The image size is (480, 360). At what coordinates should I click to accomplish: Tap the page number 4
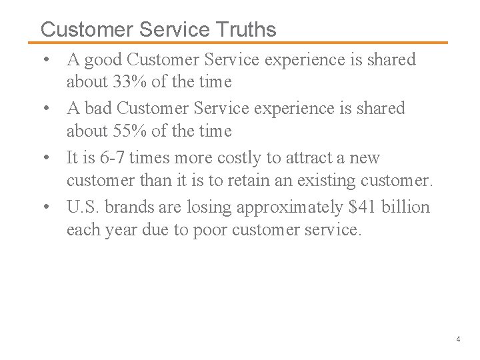(458, 339)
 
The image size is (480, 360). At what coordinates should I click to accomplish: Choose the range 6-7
(107, 158)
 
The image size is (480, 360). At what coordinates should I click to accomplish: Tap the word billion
(407, 207)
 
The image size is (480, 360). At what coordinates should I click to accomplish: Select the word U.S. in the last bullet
(82, 207)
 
